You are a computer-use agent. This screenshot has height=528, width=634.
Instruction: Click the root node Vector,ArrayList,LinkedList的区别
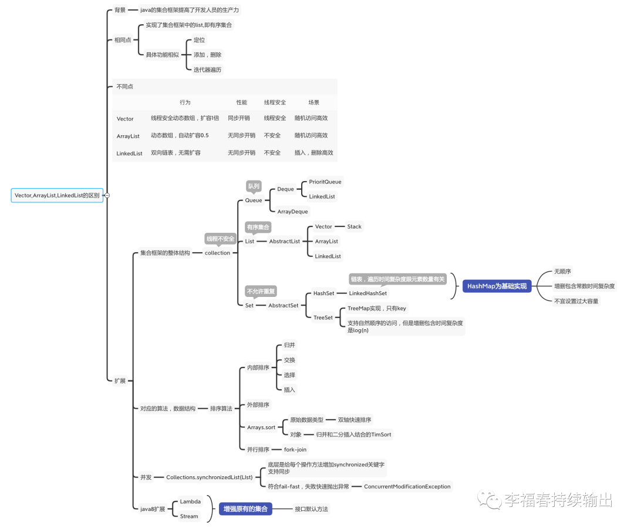pyautogui.click(x=57, y=195)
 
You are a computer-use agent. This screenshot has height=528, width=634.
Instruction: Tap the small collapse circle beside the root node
pyautogui.click(x=107, y=195)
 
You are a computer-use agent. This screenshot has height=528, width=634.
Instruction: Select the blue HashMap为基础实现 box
pyautogui.click(x=497, y=286)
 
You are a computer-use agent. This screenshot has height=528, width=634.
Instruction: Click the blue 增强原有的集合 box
pyautogui.click(x=246, y=509)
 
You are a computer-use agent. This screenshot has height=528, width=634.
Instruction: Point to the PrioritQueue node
pyautogui.click(x=325, y=182)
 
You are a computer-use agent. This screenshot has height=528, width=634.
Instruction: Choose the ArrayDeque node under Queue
pyautogui.click(x=292, y=211)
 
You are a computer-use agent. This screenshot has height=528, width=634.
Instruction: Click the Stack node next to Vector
pyautogui.click(x=354, y=226)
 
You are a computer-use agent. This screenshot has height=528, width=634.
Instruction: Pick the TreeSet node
pyautogui.click(x=323, y=318)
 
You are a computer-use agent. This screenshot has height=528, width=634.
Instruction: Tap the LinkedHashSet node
pyautogui.click(x=367, y=293)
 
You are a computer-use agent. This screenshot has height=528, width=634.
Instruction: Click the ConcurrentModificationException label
pyautogui.click(x=407, y=486)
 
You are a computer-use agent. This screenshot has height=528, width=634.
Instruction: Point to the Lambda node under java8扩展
pyautogui.click(x=190, y=502)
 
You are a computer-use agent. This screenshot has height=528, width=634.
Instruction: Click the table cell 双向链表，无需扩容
pyautogui.click(x=176, y=152)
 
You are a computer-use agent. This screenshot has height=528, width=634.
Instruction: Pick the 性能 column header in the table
pyautogui.click(x=241, y=102)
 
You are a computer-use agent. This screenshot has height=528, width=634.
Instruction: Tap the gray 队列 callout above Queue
pyautogui.click(x=254, y=186)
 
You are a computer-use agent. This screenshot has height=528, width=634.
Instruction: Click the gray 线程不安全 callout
pyautogui.click(x=220, y=238)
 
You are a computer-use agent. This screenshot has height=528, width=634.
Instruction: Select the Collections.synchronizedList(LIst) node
pyautogui.click(x=208, y=477)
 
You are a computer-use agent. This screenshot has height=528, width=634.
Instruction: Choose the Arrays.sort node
pyautogui.click(x=261, y=427)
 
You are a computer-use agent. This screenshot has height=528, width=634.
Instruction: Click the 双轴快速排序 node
pyautogui.click(x=355, y=420)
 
